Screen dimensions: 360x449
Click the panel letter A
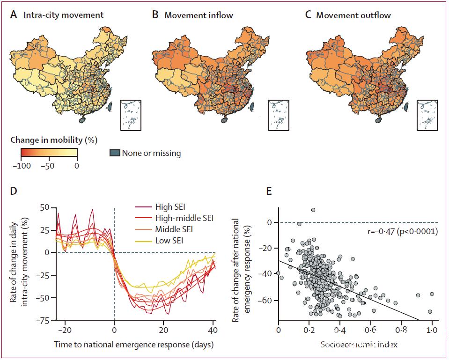pos(14,15)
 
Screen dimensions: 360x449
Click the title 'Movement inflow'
pos(199,15)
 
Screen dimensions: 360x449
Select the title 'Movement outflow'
pos(353,15)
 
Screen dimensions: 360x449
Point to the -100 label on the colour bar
pos(21,165)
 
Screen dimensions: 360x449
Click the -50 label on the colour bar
pos(49,165)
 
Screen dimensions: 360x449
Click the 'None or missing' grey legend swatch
pos(114,153)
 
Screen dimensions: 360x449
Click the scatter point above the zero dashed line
pos(313,210)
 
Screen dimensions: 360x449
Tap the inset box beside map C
pos(427,115)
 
